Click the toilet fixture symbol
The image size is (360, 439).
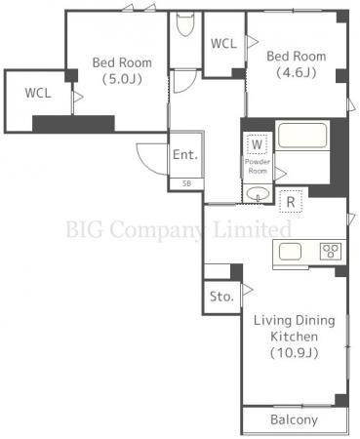point(185,23)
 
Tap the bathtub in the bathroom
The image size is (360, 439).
point(302,135)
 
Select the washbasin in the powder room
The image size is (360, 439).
point(258,194)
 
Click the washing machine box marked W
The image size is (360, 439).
point(257,144)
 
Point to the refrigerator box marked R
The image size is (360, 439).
point(291,202)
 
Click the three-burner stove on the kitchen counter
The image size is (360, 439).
point(331,252)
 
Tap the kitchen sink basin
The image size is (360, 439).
point(290,252)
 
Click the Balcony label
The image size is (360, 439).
point(294,419)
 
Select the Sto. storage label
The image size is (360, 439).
point(221,297)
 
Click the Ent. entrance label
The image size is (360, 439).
point(185,154)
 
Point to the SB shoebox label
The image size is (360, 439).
point(186,183)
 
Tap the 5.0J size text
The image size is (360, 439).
point(122,79)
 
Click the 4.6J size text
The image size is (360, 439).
point(297,72)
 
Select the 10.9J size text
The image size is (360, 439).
point(295,353)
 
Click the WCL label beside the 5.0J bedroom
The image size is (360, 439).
point(38,94)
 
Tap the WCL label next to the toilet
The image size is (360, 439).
point(223,44)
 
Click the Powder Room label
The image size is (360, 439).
point(258,166)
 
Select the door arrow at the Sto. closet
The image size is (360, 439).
point(248,290)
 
